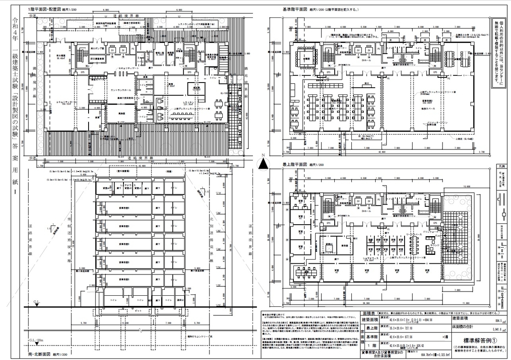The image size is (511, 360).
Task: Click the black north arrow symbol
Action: (x=264, y=163)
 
